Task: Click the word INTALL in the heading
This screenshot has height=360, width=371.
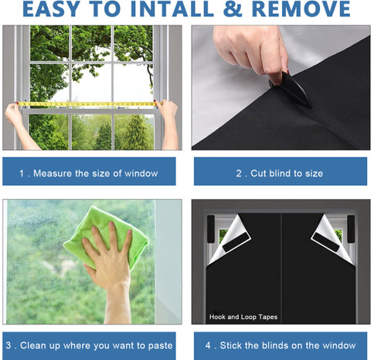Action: (172, 9)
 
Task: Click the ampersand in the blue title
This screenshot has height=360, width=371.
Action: (233, 9)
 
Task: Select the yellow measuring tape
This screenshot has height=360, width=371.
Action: (87, 104)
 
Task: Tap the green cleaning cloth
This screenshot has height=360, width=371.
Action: (106, 237)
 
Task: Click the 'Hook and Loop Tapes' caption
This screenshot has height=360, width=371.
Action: (243, 317)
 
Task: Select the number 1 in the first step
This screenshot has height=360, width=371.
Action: (22, 173)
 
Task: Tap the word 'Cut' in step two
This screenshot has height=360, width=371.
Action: (258, 173)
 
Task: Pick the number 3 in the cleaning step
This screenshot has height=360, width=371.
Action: (9, 345)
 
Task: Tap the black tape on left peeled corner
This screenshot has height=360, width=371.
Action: (236, 243)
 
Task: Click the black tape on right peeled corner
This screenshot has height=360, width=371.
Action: (327, 243)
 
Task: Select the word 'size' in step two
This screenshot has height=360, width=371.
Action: (314, 173)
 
